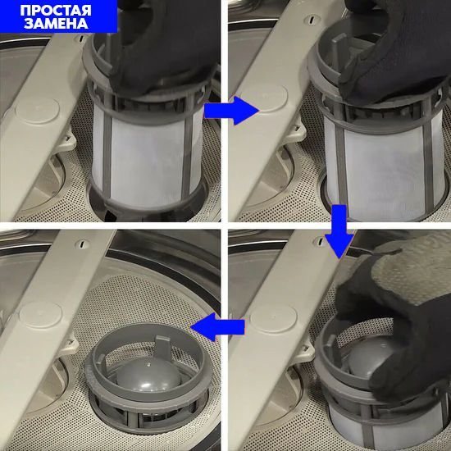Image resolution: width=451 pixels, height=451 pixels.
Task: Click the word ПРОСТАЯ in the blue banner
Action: pyautogui.click(x=56, y=11)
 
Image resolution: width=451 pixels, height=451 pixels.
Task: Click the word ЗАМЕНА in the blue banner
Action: pyautogui.click(x=56, y=24)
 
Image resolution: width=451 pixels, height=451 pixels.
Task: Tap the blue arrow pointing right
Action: pyautogui.click(x=232, y=111)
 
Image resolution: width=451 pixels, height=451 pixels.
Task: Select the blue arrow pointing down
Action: pyautogui.click(x=339, y=231)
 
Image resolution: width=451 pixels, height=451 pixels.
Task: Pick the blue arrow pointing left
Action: pyautogui.click(x=218, y=327)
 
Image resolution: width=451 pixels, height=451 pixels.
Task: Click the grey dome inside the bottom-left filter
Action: pyautogui.click(x=148, y=374)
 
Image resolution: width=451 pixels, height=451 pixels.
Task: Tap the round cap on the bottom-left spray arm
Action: pyautogui.click(x=40, y=315)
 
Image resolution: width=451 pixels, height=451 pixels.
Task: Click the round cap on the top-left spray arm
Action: pyautogui.click(x=38, y=111)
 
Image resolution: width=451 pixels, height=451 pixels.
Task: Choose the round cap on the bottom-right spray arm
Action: pyautogui.click(x=273, y=318)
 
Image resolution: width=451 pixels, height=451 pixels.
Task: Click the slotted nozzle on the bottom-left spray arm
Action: pyautogui.click(x=82, y=244)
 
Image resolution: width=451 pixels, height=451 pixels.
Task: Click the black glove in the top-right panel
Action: pyautogui.click(x=394, y=49)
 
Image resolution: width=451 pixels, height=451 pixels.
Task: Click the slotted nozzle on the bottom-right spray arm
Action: pyautogui.click(x=320, y=241)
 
